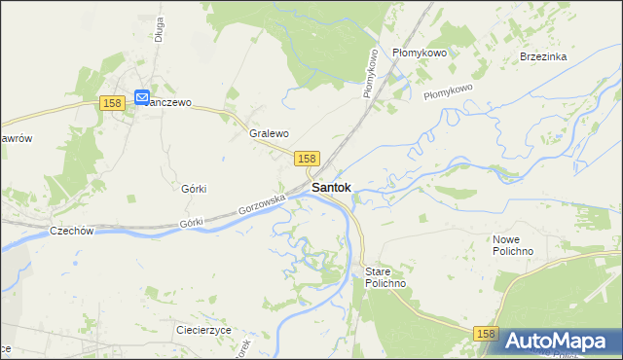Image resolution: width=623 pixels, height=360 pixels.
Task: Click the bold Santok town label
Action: [x=331, y=187]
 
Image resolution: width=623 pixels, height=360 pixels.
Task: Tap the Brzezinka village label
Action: [x=543, y=56]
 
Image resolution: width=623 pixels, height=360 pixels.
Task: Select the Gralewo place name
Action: [x=269, y=133]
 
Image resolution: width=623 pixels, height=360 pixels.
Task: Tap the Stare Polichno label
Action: [x=385, y=276]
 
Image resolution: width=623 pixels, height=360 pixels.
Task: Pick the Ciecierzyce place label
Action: [x=203, y=330]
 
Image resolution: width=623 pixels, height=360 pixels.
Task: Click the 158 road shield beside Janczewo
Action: [x=112, y=103]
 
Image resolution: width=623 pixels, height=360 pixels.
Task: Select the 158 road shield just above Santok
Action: [x=307, y=158]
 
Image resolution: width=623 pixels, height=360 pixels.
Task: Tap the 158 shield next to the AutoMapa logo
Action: [x=489, y=334]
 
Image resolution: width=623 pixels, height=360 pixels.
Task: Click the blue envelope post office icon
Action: [x=142, y=97]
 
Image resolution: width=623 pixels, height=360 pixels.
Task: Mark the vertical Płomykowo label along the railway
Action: [x=370, y=71]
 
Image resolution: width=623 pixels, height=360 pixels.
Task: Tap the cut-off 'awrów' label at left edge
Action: [x=17, y=138]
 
